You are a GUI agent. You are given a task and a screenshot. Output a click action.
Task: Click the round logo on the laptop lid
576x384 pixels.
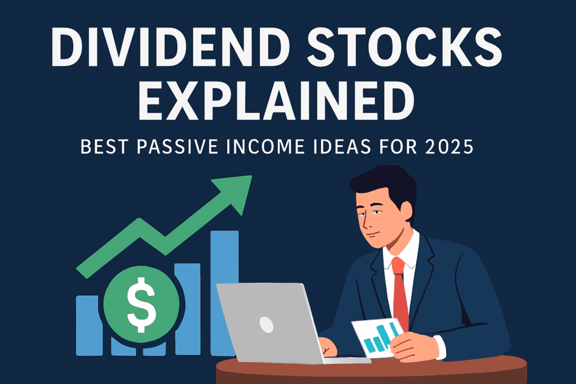pos(266,323)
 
